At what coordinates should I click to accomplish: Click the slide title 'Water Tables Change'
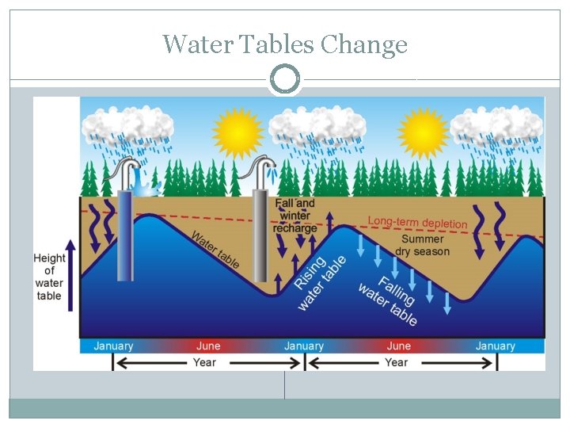click(x=285, y=44)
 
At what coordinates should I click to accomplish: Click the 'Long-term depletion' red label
click(x=417, y=222)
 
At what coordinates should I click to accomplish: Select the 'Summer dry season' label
click(x=422, y=246)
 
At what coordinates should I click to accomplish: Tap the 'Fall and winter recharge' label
click(x=294, y=216)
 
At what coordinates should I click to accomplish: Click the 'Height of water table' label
click(x=49, y=277)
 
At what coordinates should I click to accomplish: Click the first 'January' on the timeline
click(x=113, y=346)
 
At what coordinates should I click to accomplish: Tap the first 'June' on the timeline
click(x=208, y=346)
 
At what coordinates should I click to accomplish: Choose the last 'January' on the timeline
click(x=495, y=346)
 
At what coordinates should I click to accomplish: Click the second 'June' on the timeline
click(x=399, y=346)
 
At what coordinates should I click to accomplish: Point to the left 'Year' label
click(x=204, y=362)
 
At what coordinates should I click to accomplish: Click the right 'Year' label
click(x=396, y=362)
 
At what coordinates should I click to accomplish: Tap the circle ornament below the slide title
click(x=285, y=79)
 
